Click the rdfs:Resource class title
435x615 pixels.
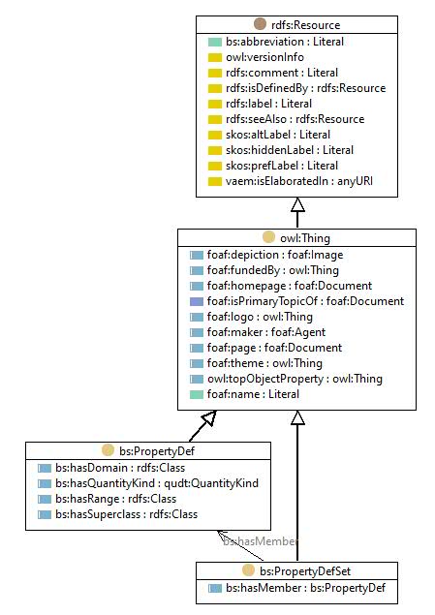coord(305,25)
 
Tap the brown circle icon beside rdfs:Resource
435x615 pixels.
coord(260,24)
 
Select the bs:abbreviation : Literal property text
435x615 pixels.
coord(285,42)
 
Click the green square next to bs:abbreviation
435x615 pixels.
coord(215,42)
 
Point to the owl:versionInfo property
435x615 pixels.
coord(264,57)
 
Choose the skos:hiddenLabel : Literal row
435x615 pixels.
coord(290,150)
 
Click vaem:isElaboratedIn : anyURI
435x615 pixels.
coord(299,181)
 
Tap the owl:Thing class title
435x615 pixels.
coord(305,238)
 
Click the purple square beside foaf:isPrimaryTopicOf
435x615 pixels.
coord(197,301)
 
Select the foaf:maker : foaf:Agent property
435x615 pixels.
coord(266,332)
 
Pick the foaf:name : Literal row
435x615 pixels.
coord(253,394)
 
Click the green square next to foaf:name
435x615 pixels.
coord(197,394)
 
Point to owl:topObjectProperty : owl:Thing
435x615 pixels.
coord(295,379)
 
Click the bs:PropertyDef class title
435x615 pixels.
coord(157,451)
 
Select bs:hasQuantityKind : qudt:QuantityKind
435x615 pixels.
coord(157,483)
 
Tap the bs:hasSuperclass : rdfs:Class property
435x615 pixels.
coord(126,514)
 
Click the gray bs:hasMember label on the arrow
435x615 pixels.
coord(260,541)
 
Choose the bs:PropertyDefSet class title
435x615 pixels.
coord(305,571)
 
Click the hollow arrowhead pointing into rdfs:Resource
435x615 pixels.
coord(297,204)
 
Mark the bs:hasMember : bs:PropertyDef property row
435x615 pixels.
coord(305,588)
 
